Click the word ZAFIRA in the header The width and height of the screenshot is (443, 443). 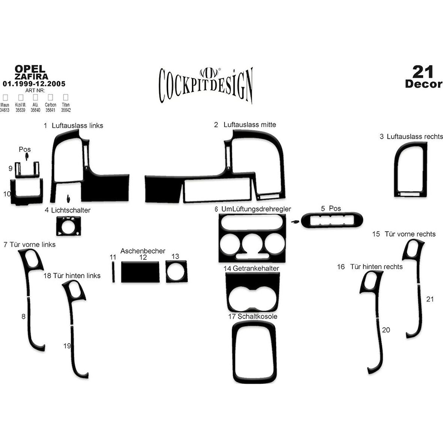(x=31, y=76)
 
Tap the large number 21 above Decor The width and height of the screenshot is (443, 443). (x=423, y=71)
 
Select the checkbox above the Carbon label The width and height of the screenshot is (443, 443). (x=50, y=97)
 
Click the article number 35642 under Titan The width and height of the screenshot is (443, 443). (x=66, y=110)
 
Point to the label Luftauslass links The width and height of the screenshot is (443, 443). (x=77, y=125)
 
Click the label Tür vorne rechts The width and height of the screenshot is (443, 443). (x=410, y=234)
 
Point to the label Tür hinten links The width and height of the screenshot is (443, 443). (x=77, y=276)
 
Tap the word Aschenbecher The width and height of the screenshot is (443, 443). (x=143, y=251)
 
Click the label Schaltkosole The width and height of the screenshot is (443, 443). (x=258, y=316)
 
